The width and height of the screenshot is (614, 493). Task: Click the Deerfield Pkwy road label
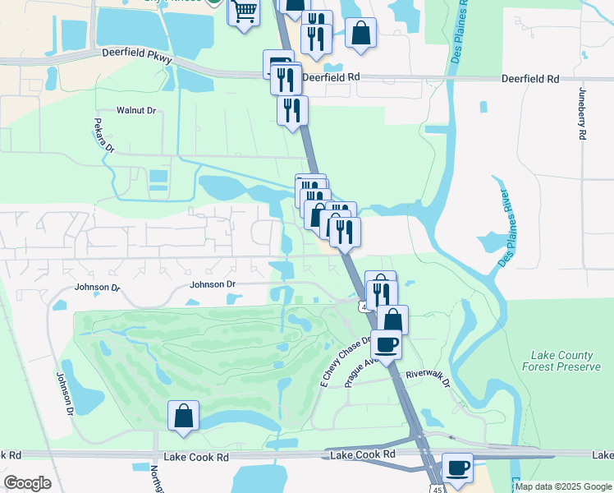(x=137, y=52)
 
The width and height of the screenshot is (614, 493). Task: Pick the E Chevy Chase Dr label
(x=346, y=362)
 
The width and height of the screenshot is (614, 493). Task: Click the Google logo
(x=27, y=483)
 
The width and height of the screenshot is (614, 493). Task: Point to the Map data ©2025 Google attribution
(x=563, y=486)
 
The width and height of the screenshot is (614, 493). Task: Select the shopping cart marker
(x=244, y=12)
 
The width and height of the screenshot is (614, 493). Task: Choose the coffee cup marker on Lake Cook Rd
(x=457, y=468)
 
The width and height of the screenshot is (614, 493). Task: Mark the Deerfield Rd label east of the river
(x=530, y=79)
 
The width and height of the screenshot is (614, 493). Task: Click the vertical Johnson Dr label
(x=63, y=394)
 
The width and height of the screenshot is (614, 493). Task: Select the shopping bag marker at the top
(x=360, y=34)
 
